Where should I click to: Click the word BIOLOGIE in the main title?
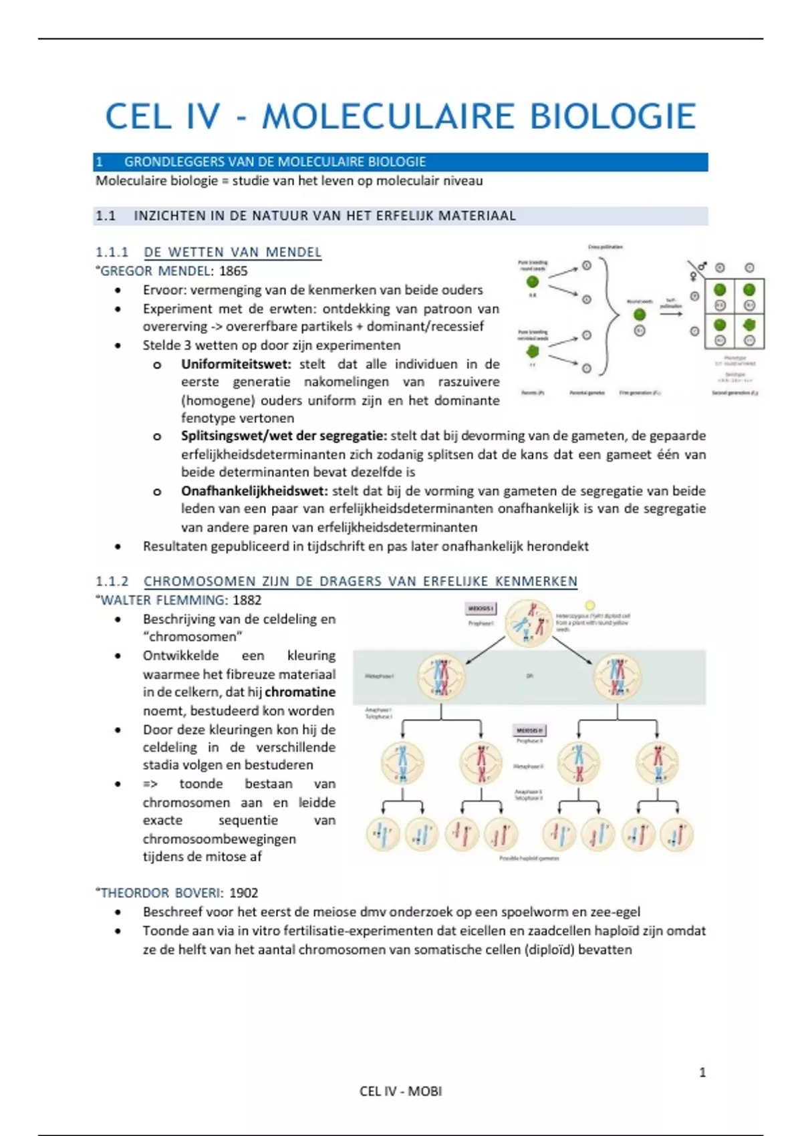pos(613,117)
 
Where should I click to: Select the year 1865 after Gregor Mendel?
pos(233,271)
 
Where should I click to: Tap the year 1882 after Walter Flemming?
pos(247,600)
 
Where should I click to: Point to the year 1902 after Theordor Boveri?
pos(243,893)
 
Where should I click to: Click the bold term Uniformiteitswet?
pos(236,364)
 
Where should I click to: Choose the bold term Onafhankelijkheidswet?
pos(254,490)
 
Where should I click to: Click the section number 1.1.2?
pos(112,581)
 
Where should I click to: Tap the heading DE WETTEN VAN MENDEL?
pos(233,253)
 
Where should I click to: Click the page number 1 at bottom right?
pos(702,1073)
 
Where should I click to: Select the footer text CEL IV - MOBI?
pos(400,1091)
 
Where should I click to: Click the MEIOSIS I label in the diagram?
pos(481,609)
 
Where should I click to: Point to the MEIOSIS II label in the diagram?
pos(529,730)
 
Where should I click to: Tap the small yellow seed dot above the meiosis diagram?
pos(589,605)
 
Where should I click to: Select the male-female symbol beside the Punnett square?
pos(697,271)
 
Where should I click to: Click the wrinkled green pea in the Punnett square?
pos(749,325)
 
